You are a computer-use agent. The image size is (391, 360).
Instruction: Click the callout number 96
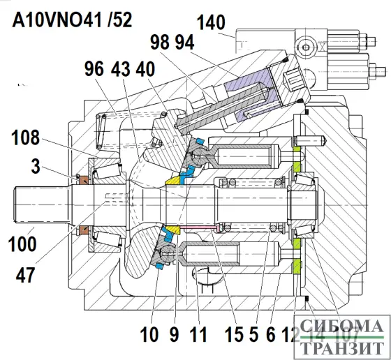pos(94,70)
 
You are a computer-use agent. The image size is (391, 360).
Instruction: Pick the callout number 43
pos(120,70)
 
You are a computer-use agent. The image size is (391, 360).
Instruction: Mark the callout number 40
pos(146,70)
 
